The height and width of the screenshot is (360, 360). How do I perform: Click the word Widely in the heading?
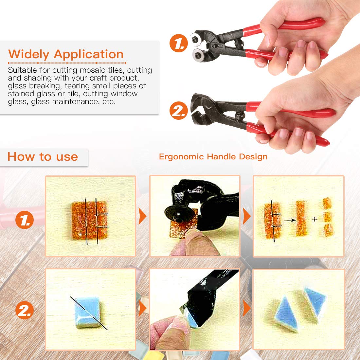click(29, 55)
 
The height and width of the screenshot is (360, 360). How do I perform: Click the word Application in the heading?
click(89, 55)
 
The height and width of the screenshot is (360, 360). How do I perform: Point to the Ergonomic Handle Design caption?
click(213, 156)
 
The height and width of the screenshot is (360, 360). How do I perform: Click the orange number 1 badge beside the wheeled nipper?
click(179, 43)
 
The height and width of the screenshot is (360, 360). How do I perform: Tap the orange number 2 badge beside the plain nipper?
click(179, 111)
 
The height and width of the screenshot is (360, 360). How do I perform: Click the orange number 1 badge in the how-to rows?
click(25, 220)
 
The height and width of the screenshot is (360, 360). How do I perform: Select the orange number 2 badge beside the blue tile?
click(25, 310)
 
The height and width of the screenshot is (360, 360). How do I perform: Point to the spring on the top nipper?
click(239, 44)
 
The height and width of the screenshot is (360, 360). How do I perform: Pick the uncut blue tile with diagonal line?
click(87, 312)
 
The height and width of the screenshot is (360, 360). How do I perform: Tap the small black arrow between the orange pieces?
click(290, 220)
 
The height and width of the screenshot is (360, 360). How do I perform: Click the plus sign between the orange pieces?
click(315, 220)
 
